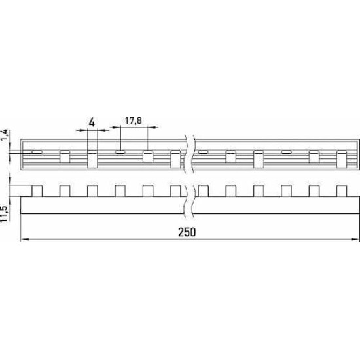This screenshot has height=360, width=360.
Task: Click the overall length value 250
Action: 187,232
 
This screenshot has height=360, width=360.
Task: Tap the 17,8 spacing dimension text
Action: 133,120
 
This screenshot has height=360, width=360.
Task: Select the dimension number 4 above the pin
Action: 92,122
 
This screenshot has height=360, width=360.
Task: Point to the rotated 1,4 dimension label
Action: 5,135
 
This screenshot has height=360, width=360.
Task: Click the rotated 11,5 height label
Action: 5,213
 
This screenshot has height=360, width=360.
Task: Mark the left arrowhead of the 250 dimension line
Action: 25,239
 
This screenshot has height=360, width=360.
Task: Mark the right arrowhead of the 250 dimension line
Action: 355,239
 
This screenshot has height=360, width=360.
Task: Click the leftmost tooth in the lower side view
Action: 37,190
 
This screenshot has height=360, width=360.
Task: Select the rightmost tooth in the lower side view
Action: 342,190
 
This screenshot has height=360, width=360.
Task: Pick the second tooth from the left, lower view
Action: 65,190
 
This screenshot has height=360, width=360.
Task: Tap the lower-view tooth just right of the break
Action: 203,190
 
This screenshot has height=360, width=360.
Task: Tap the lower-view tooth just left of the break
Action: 175,190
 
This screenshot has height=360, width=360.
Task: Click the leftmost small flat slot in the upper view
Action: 37,152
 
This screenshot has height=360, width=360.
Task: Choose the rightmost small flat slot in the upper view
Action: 286,152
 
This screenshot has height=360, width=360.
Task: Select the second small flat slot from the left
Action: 120,152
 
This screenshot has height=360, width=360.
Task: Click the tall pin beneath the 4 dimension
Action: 92,159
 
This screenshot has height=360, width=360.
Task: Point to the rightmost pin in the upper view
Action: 342,159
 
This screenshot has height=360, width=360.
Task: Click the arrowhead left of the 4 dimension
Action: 80,130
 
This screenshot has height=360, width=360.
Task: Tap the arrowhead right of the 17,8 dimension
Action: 153,127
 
